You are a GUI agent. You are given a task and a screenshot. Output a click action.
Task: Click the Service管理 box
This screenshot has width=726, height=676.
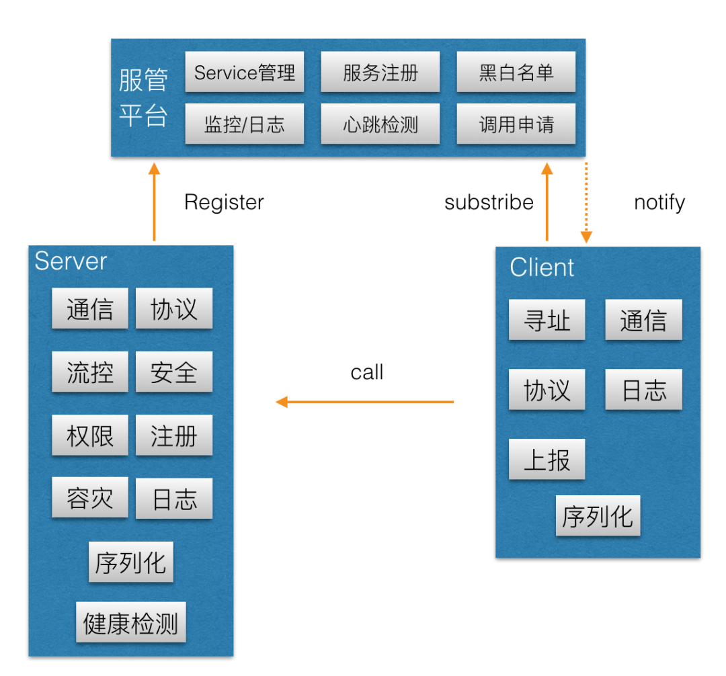click(244, 72)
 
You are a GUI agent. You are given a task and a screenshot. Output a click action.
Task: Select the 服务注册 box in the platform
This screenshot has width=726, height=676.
click(380, 72)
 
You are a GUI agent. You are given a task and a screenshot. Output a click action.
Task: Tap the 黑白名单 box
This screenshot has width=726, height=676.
click(516, 72)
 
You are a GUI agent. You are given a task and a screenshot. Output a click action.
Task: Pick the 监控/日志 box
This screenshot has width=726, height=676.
click(244, 124)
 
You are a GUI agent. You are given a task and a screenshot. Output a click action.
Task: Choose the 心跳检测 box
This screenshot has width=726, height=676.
click(380, 124)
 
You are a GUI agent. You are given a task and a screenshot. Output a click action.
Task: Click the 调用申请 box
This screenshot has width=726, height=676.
click(516, 124)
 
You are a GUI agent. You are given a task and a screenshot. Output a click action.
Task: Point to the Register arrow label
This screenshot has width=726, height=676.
click(224, 202)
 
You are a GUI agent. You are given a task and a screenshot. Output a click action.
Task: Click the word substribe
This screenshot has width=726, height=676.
click(489, 202)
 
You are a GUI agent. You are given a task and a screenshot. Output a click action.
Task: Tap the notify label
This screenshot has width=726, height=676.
click(659, 202)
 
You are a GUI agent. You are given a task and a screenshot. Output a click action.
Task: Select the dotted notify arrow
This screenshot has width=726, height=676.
click(586, 202)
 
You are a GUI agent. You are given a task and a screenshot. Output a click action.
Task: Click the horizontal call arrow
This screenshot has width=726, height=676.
click(365, 402)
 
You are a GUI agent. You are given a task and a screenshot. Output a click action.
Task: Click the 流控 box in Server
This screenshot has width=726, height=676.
click(89, 372)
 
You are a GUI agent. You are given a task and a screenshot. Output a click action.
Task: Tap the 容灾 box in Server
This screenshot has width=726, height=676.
click(89, 498)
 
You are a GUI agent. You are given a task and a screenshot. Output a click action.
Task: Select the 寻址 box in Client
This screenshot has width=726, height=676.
click(547, 320)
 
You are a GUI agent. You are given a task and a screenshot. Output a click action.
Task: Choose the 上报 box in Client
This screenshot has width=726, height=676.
click(547, 459)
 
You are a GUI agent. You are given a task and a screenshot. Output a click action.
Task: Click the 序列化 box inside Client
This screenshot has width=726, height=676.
click(598, 516)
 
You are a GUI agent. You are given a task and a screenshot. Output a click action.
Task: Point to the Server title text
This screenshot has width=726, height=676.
click(71, 261)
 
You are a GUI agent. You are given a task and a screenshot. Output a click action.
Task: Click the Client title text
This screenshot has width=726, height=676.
click(542, 267)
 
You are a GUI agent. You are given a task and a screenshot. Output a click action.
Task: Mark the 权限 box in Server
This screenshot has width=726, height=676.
click(89, 435)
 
